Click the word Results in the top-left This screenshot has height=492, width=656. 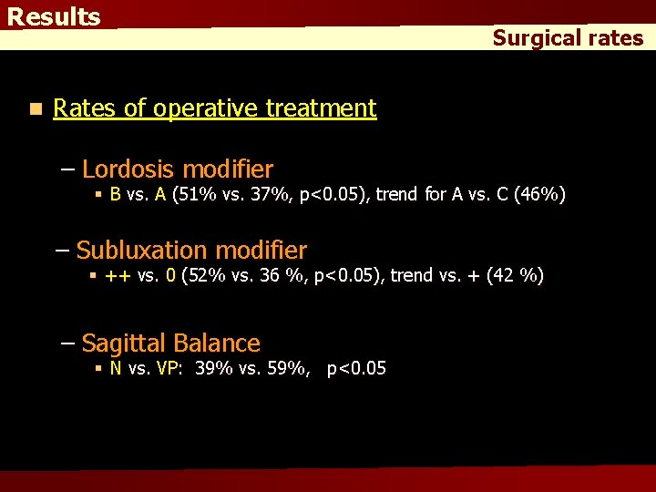(x=54, y=17)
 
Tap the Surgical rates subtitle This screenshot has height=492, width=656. (x=568, y=38)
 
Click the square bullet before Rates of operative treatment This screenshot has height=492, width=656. (x=34, y=109)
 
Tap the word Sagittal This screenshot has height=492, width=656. (x=123, y=343)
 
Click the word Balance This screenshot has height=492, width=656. (x=216, y=343)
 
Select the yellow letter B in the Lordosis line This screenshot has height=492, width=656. (x=116, y=194)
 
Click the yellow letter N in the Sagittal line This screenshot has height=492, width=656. (x=116, y=368)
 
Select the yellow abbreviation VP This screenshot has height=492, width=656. (x=169, y=368)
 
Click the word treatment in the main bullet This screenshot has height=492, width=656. (x=321, y=108)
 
